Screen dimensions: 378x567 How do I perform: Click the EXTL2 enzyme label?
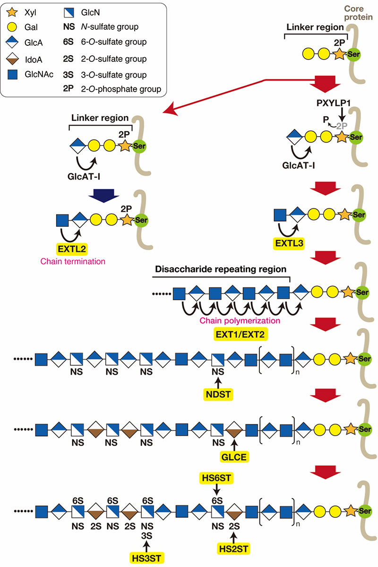point(72,249)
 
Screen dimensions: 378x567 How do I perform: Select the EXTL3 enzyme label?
point(289,243)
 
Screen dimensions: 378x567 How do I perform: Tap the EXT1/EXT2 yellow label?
point(240,335)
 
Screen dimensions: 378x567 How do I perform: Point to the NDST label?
point(218,395)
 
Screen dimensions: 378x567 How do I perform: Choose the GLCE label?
point(234,457)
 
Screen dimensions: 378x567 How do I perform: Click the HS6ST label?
point(216,478)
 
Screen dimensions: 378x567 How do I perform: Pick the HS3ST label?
point(146,558)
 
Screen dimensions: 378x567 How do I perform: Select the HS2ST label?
point(233,549)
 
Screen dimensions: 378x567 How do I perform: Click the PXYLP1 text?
point(334,103)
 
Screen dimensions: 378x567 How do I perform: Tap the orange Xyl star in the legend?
point(12,12)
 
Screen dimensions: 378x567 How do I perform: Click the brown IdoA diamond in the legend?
point(12,59)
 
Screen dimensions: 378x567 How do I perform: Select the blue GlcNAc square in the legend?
point(12,75)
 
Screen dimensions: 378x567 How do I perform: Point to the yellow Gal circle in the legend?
point(12,27)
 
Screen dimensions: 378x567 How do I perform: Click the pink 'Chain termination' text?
point(73,261)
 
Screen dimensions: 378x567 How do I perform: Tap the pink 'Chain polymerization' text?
point(240,320)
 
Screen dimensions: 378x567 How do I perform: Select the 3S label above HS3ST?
point(146,536)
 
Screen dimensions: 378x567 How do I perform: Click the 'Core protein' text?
point(358,13)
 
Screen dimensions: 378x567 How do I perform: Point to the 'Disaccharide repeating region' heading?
point(221,269)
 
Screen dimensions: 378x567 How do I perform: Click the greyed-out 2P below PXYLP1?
point(342,126)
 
